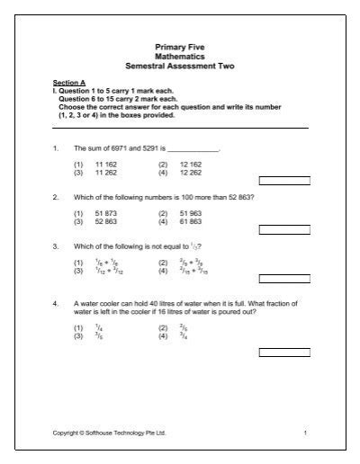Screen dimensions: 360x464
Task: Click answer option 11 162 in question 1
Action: coord(106,165)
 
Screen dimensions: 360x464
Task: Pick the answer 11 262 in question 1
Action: coord(106,172)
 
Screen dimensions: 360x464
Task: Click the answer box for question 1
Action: coord(283,180)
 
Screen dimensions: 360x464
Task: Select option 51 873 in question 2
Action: coord(106,213)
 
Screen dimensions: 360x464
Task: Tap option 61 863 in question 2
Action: coord(190,220)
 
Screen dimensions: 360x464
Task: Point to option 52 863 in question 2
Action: coord(106,220)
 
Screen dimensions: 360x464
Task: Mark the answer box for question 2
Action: coord(283,229)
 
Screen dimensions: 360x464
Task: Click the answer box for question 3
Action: coord(283,279)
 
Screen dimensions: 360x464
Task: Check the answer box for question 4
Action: coord(283,352)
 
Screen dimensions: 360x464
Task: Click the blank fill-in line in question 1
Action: coord(193,148)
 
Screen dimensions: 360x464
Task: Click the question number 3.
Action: coord(56,245)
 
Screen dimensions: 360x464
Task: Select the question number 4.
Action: coord(56,304)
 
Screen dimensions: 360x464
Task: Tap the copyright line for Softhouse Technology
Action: coord(109,433)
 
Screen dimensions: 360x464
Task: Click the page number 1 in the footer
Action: coord(306,433)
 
